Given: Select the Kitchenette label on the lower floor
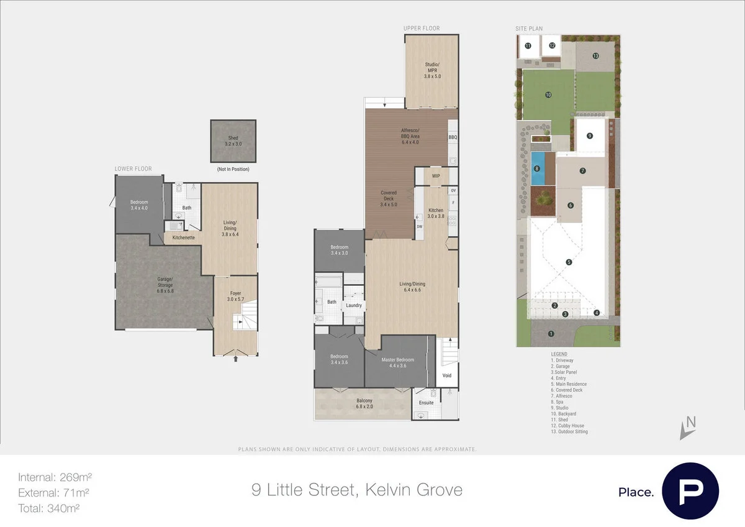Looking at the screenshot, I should coord(183,237).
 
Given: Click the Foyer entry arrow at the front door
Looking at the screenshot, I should coord(235,358).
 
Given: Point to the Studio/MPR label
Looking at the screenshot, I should coord(432,70).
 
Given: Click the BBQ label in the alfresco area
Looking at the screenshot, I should coord(453,137).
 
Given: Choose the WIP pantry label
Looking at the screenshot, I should coord(436,176).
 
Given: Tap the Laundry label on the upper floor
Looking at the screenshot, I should coord(354,305).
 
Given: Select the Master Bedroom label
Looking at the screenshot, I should coord(397,362).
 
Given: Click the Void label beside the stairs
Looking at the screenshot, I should coord(447,376).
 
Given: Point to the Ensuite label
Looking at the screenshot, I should coord(427,403).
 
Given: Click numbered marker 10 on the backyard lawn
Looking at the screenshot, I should coord(548,95).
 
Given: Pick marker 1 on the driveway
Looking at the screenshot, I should coord(551,334).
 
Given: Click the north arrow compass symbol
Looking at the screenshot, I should coord(687,427).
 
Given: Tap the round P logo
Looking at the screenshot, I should coord(690,491).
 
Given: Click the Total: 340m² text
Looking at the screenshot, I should coord(49,508).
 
